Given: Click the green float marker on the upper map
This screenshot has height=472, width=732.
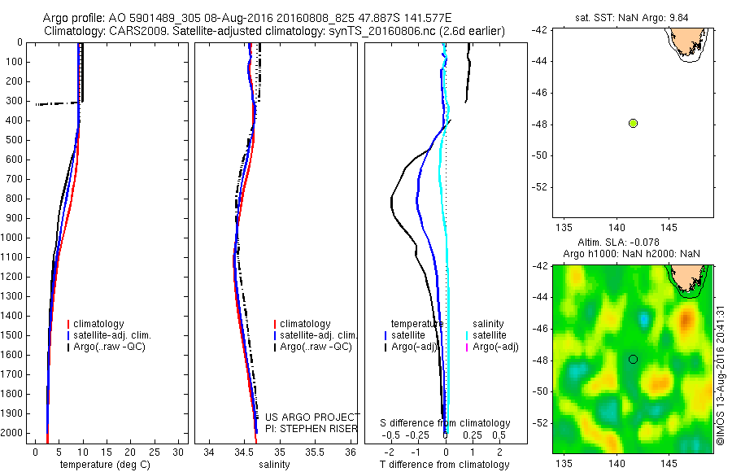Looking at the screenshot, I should click(633, 123).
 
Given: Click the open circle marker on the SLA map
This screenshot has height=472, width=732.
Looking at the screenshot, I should click(633, 359).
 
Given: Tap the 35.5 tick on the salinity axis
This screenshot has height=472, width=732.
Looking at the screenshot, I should click(315, 452).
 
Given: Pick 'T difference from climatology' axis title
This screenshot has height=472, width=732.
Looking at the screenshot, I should click(445, 465).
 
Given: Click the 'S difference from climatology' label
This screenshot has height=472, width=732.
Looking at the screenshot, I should click(446, 423).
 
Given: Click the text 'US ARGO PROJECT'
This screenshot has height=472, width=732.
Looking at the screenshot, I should click(312, 417).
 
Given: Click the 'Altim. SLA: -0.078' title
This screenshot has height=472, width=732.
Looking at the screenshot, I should click(631, 243).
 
